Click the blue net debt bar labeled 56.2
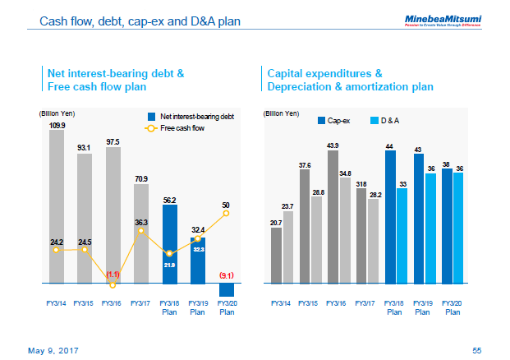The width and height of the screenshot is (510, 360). (169, 244)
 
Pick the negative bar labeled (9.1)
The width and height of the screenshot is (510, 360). (227, 289)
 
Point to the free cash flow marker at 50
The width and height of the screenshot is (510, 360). (227, 213)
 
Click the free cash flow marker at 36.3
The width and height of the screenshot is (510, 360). (141, 231)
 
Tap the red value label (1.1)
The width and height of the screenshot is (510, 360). (113, 274)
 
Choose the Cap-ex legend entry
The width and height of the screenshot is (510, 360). (333, 120)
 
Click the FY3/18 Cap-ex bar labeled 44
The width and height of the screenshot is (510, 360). (390, 217)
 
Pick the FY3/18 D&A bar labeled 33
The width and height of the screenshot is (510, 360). (402, 236)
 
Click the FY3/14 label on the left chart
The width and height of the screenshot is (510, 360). (57, 303)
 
